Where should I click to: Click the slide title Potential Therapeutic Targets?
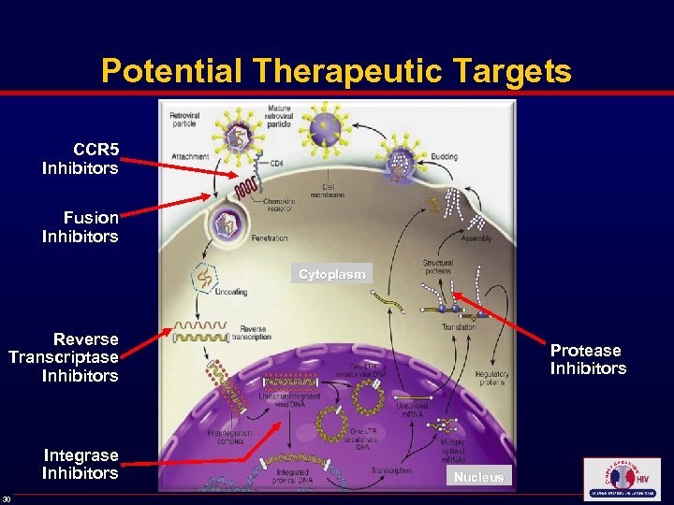coord(336,71)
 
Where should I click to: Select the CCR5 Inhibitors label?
coord(81,159)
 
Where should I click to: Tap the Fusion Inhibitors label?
coord(81,227)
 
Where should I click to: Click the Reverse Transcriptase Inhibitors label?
coord(64,357)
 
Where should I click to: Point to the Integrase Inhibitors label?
coord(81,464)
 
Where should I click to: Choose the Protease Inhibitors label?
coord(587,359)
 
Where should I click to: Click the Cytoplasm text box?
coord(330,274)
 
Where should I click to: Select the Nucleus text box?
coord(478,477)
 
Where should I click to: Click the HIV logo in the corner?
coord(621,479)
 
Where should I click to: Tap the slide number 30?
coord(7,498)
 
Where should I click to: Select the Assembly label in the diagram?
coord(476,238)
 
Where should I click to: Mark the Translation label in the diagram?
coord(459,326)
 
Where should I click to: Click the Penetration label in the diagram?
coord(270,238)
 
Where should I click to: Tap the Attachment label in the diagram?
coord(190,156)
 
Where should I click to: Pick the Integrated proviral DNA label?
coord(299,478)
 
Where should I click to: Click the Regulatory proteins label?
coord(491,378)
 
